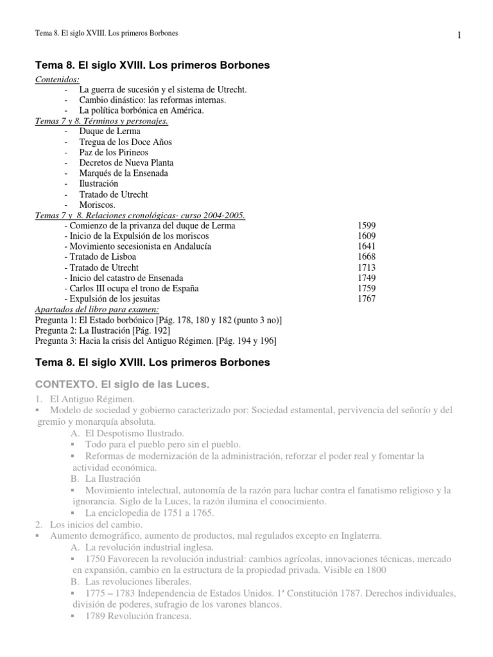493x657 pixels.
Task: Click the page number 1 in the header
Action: pyautogui.click(x=460, y=35)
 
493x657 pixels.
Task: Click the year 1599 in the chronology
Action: pyautogui.click(x=366, y=226)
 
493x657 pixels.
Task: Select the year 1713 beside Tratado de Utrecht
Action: pyautogui.click(x=366, y=268)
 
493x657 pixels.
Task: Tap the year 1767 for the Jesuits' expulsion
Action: pyautogui.click(x=366, y=299)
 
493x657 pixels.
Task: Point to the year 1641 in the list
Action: pyautogui.click(x=366, y=246)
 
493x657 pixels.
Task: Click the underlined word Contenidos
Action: pyautogui.click(x=57, y=80)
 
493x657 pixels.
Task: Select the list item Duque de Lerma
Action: pyautogui.click(x=110, y=132)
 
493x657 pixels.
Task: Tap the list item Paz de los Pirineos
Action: pyautogui.click(x=114, y=153)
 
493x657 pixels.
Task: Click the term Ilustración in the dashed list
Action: pyautogui.click(x=98, y=183)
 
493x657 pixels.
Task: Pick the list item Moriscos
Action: pyautogui.click(x=97, y=205)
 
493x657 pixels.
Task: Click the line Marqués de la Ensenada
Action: pyautogui.click(x=124, y=173)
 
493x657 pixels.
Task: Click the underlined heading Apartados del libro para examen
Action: pyautogui.click(x=96, y=309)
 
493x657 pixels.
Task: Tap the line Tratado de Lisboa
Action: pyautogui.click(x=100, y=257)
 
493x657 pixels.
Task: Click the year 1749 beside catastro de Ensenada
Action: pyautogui.click(x=366, y=278)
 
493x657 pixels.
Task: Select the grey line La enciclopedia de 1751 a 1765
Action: pyautogui.click(x=150, y=513)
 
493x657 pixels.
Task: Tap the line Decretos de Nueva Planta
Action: pyautogui.click(x=126, y=163)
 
